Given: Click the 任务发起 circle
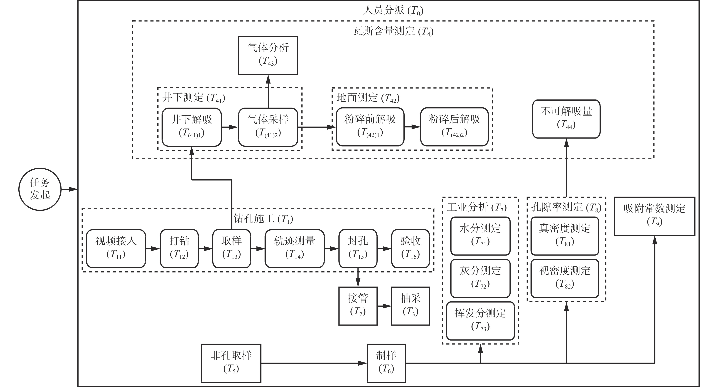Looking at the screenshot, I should coord(40,189).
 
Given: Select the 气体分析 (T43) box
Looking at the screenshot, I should coord(268,55).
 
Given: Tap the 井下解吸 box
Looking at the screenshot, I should coord(191,127).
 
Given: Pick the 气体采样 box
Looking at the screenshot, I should coord(268,127).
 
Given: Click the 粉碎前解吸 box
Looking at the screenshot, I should coord(370,127).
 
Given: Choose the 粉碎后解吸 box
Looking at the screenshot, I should coord(454,127).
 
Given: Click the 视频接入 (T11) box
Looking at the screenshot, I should coord(116,249).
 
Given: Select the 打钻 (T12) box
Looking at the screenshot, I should coord(179,249).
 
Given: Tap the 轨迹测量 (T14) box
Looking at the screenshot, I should coord(295,249).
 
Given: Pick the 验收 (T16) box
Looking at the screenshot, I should coord(410,249).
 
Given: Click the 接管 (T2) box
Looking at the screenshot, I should coord(358,306).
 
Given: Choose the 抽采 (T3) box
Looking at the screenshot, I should coord(410,306).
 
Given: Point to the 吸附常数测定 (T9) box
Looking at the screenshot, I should coord(655,216).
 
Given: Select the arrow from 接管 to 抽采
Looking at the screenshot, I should coord(384,306).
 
